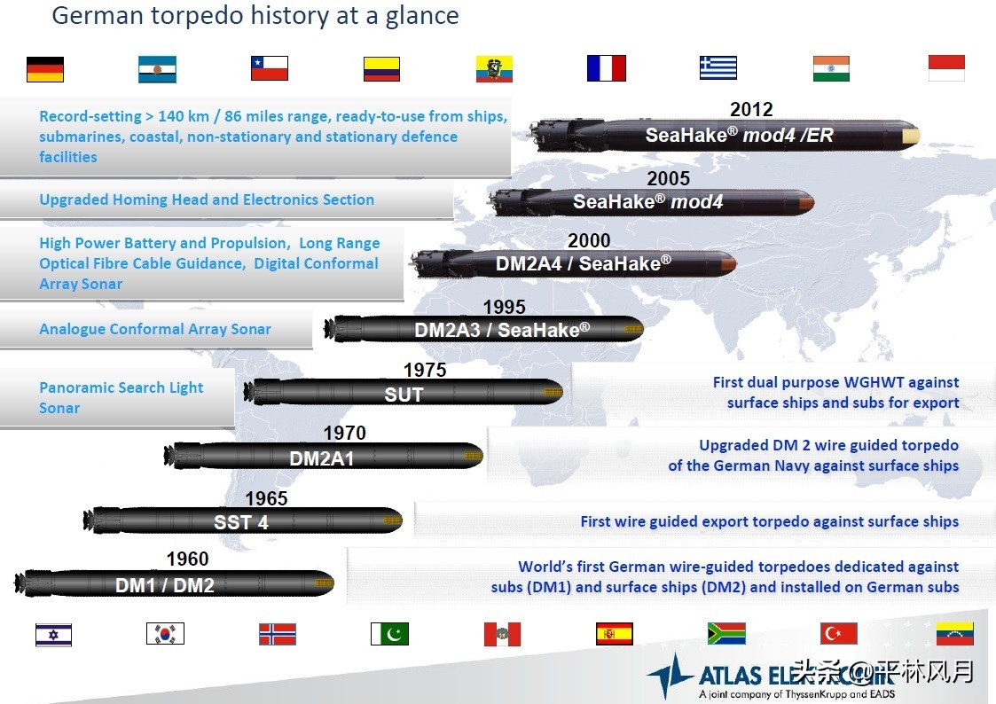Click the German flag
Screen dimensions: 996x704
point(45,69)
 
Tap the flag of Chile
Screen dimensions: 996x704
point(270,68)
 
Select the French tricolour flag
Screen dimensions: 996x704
point(607,68)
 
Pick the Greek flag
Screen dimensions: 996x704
point(718,68)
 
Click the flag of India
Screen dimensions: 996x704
point(831,68)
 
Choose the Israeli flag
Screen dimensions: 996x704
point(53,635)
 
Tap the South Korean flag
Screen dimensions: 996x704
point(165,634)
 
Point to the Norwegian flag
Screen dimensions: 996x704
point(278,634)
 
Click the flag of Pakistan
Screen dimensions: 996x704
point(389,634)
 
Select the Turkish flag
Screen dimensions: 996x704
point(838,634)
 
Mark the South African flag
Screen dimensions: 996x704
point(726,634)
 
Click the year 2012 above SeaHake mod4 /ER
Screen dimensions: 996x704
point(751,109)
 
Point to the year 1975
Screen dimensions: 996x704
point(425,370)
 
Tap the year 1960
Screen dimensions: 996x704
point(187,559)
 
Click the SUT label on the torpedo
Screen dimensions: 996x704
point(404,395)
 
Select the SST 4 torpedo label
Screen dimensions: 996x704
point(241,522)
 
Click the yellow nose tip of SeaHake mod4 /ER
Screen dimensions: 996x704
point(911,136)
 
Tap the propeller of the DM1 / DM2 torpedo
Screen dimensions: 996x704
point(21,583)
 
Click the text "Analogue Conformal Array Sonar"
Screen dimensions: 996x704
point(155,329)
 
